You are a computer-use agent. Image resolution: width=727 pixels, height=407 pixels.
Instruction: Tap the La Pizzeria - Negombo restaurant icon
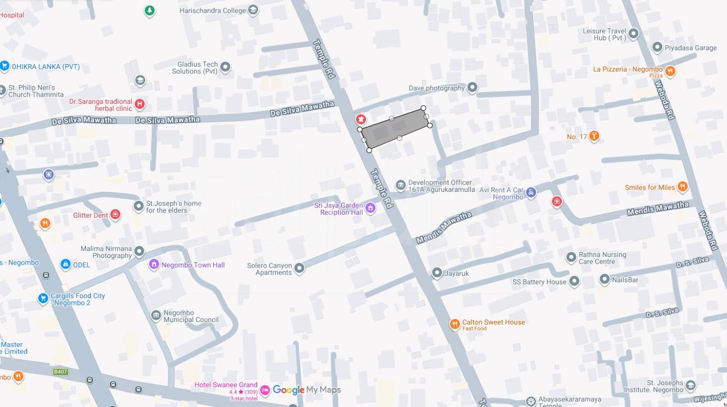pyautogui.click(x=670, y=71)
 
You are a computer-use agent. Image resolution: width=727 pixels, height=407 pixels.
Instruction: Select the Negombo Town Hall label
pyautogui.click(x=192, y=265)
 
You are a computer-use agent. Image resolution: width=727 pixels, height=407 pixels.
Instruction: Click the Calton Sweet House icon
pyautogui.click(x=455, y=324)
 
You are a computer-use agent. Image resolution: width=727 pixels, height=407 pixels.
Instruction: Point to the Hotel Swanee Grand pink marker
pyautogui.click(x=265, y=390)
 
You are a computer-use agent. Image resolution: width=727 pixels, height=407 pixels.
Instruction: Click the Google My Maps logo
pyautogui.click(x=306, y=390)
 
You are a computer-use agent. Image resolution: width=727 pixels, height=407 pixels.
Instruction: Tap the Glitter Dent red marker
pyautogui.click(x=116, y=215)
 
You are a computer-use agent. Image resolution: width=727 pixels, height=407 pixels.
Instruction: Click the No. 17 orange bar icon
pyautogui.click(x=594, y=136)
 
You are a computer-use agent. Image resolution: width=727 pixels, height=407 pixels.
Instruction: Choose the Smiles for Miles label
pyautogui.click(x=650, y=187)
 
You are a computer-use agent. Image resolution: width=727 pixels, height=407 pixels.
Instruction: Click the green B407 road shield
pyautogui.click(x=61, y=372)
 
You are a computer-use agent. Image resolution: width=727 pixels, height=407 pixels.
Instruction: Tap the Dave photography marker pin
pyautogui.click(x=472, y=88)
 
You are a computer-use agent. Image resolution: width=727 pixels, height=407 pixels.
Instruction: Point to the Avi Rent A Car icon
pyautogui.click(x=531, y=192)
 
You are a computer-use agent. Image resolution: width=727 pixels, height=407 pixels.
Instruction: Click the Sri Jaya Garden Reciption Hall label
pyautogui.click(x=338, y=209)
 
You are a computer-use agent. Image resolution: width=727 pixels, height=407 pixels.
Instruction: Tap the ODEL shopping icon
pyautogui.click(x=65, y=264)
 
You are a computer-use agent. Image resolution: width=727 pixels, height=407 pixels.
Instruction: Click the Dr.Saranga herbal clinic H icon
pyautogui.click(x=139, y=104)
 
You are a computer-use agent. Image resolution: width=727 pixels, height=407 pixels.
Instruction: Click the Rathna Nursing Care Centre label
pyautogui.click(x=602, y=258)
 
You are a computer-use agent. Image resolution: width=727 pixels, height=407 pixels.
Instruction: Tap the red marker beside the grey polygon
pyautogui.click(x=360, y=120)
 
